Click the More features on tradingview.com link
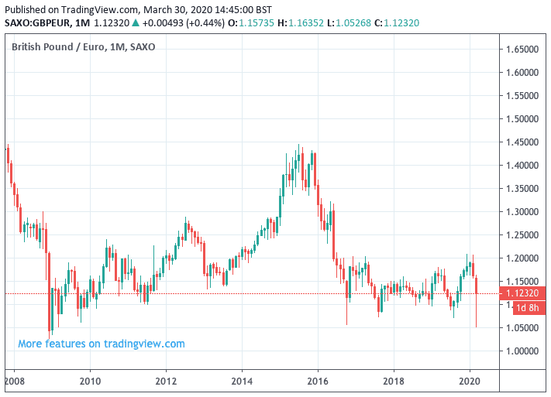pyautogui.click(x=102, y=344)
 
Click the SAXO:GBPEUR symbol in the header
pyautogui.click(x=38, y=23)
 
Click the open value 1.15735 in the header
pyautogui.click(x=252, y=23)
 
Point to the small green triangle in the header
pyautogui.click(x=136, y=23)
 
